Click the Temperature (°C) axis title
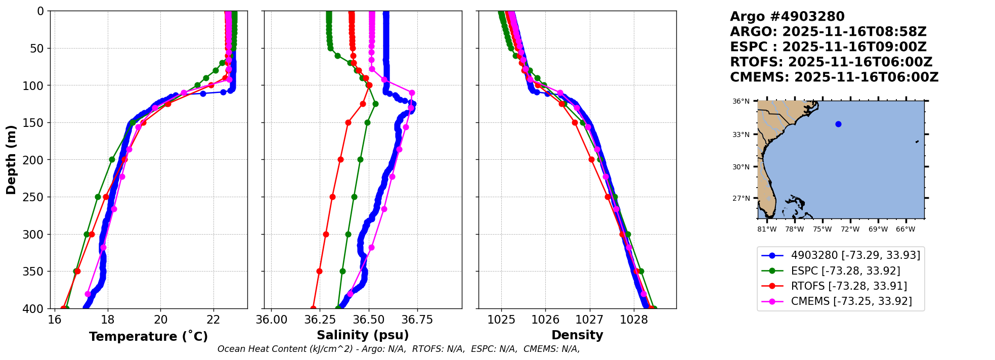(x=148, y=337)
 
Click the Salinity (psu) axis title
(x=363, y=335)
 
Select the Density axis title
(x=577, y=335)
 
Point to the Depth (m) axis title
(x=11, y=160)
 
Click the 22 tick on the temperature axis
(x=213, y=320)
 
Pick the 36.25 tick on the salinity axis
(x=320, y=320)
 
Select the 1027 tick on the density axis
(x=590, y=320)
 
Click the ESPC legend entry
(x=845, y=271)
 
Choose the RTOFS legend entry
(x=848, y=286)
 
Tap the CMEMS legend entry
(x=851, y=301)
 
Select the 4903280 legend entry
(x=855, y=255)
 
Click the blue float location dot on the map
(x=838, y=124)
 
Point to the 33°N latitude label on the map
(x=741, y=134)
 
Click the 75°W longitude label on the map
(x=822, y=230)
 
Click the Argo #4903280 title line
(x=787, y=17)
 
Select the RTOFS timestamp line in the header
(x=831, y=62)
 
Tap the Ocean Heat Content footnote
(x=398, y=349)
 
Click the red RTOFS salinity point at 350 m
(x=319, y=271)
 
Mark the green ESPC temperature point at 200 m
(x=112, y=159)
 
